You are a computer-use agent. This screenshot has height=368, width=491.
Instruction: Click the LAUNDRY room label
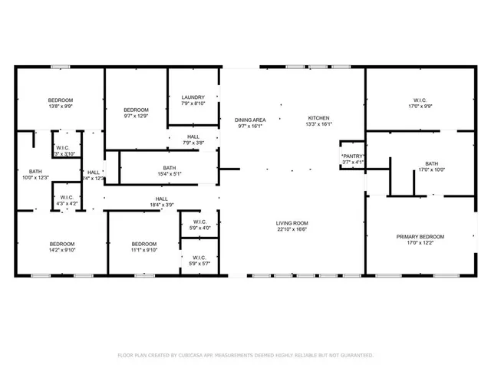pyautogui.click(x=193, y=97)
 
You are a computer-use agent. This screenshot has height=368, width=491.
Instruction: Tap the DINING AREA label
pyautogui.click(x=250, y=120)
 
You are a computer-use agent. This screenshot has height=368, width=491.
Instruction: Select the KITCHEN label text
pyautogui.click(x=318, y=118)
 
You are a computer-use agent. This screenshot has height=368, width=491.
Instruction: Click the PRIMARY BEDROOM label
pyautogui.click(x=420, y=237)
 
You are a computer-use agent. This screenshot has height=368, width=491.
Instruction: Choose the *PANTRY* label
pyautogui.click(x=353, y=156)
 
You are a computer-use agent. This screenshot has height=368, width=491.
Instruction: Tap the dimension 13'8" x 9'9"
pyautogui.click(x=61, y=107)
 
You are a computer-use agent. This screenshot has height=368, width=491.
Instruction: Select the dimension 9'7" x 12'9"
pyautogui.click(x=136, y=117)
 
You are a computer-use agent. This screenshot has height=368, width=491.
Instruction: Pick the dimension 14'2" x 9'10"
pyautogui.click(x=62, y=249)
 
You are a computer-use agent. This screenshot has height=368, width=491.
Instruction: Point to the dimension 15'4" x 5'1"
pyautogui.click(x=169, y=174)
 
